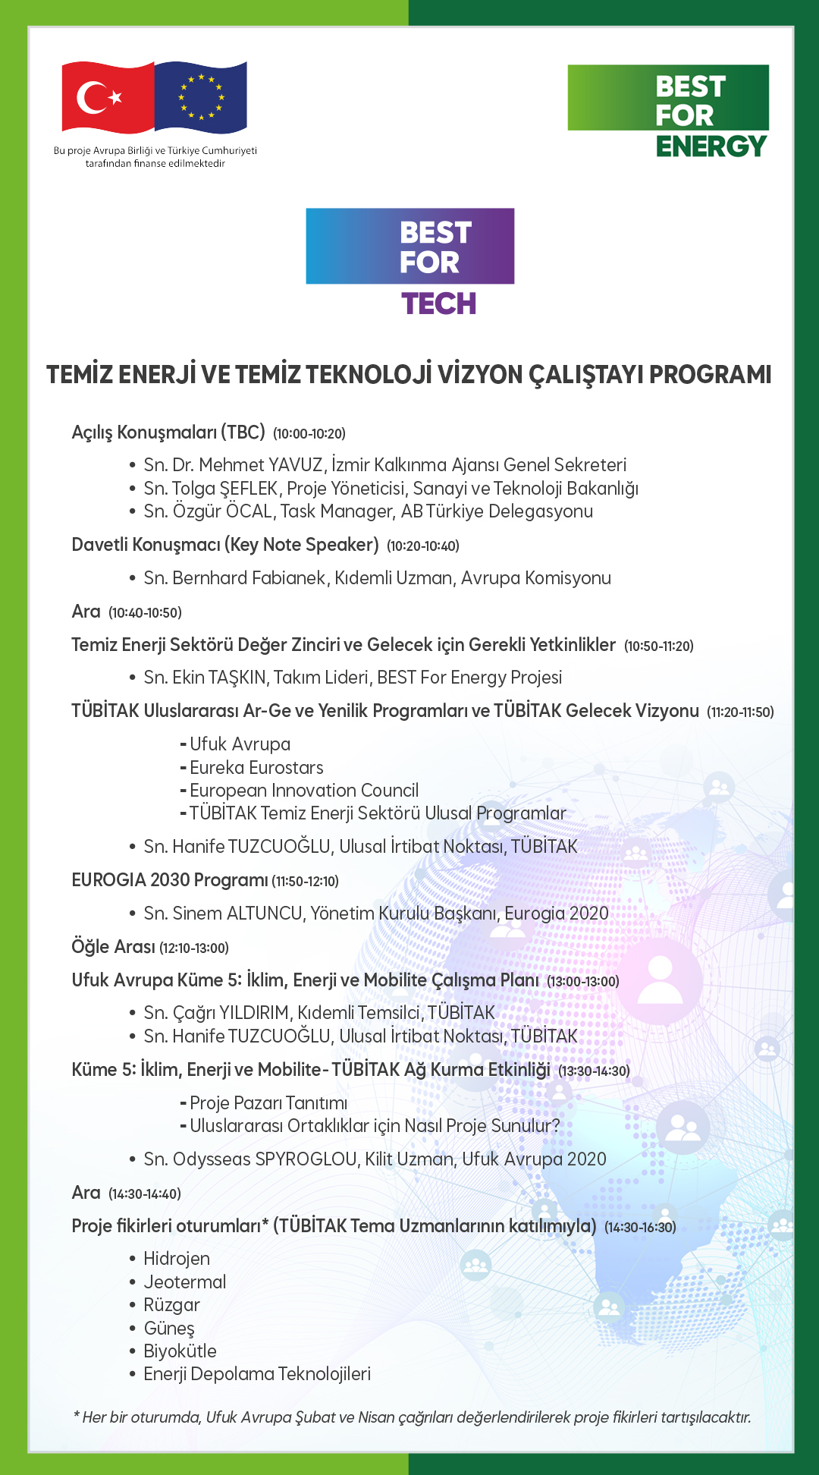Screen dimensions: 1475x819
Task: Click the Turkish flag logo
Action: click(107, 97)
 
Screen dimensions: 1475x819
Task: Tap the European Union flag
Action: click(201, 96)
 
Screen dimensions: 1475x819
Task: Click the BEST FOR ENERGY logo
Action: click(668, 111)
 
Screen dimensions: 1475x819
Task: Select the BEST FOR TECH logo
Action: click(409, 261)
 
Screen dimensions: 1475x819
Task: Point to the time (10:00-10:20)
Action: click(309, 434)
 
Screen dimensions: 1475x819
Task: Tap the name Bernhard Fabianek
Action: click(249, 578)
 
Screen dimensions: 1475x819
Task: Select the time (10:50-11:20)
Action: click(658, 646)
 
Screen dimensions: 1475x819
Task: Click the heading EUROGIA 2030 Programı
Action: click(169, 880)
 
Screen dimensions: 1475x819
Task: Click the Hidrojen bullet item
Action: click(177, 1259)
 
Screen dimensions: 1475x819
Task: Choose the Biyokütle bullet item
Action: click(180, 1351)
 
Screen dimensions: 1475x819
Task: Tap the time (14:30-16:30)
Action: click(640, 1228)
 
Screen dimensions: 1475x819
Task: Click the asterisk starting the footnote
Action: click(77, 1416)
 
